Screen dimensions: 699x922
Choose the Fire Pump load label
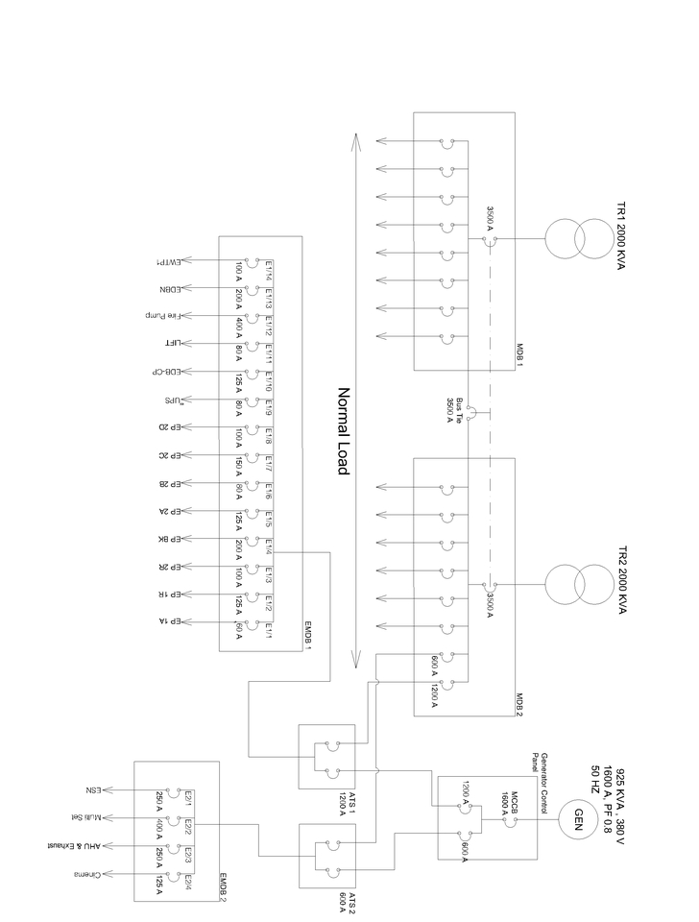point(162,316)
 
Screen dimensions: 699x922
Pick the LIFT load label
point(162,343)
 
